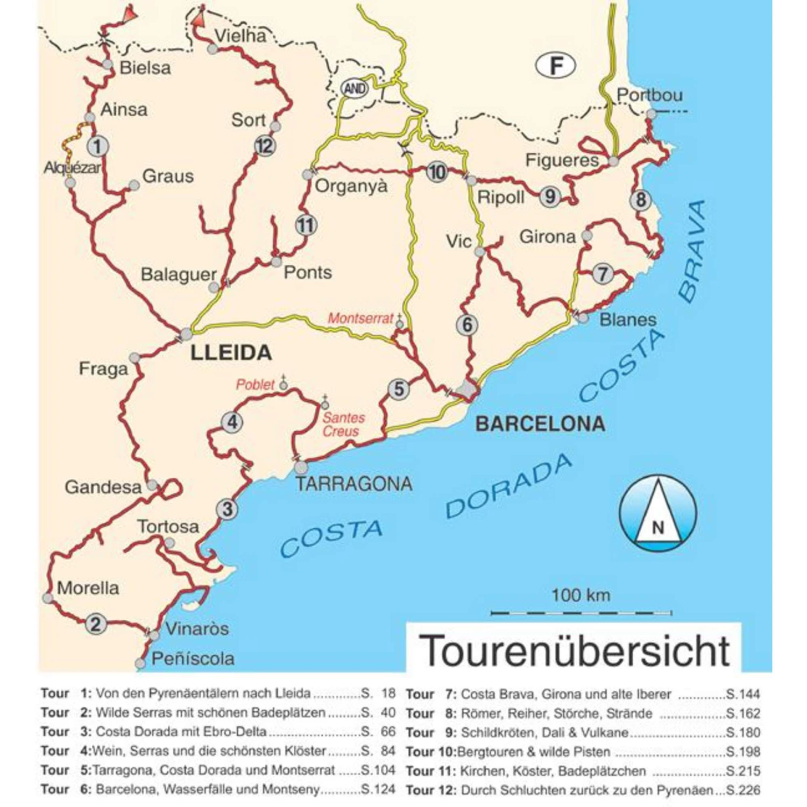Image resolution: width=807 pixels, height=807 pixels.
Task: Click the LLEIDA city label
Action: coord(231,353)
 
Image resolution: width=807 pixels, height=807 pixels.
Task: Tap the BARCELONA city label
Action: coord(540,424)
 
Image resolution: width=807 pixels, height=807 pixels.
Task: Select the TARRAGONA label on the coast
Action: coord(354,484)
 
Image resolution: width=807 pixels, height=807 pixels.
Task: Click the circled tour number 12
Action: coord(265,146)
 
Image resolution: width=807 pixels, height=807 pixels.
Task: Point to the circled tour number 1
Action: coord(97,146)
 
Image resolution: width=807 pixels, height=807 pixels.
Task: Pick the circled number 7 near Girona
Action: coord(603,274)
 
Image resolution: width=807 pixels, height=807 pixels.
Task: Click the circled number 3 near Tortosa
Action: coord(227,509)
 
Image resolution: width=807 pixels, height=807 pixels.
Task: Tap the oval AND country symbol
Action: coord(355,88)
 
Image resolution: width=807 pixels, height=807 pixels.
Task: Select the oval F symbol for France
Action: coord(556,66)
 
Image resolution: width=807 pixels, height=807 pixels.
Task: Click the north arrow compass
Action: coord(657,513)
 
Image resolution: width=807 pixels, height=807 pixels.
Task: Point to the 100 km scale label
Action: coord(581,595)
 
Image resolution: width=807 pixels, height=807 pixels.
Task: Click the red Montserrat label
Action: coord(360,318)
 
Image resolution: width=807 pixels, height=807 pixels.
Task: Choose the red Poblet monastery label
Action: coord(256,385)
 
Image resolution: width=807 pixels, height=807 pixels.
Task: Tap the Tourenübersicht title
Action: coord(574,650)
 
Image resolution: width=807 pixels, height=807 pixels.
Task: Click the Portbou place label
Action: coord(649,95)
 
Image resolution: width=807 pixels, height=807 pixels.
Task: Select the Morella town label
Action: coord(88,587)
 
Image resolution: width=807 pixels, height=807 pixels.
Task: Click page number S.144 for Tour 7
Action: coord(743,694)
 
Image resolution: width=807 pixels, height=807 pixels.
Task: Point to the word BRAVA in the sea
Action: coord(692,250)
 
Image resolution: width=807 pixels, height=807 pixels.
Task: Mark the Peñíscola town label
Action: coord(193,659)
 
